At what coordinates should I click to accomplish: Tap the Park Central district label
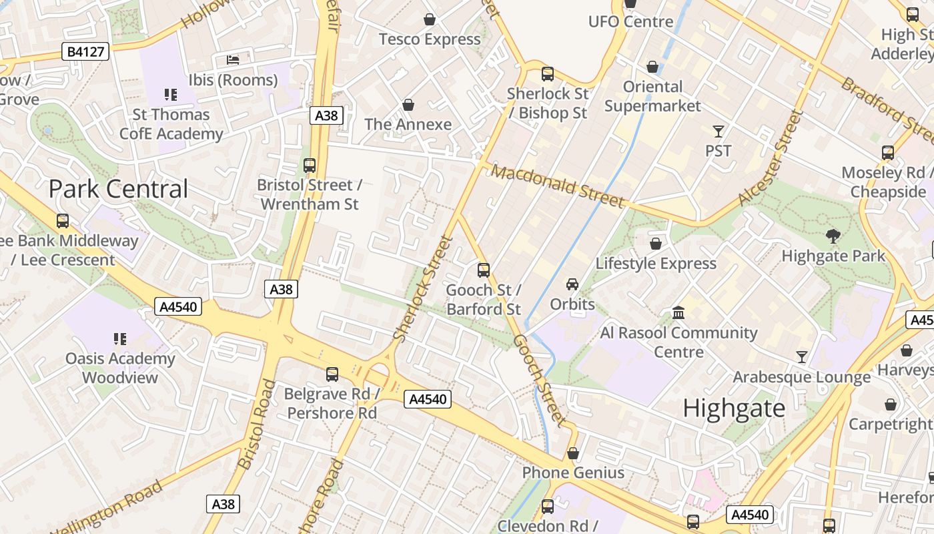[119, 189]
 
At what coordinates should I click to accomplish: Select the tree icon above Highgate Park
[833, 236]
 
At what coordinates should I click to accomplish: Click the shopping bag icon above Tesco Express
[430, 19]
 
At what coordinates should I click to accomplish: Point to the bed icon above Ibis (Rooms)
[233, 60]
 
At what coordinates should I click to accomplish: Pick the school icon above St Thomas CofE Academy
[171, 95]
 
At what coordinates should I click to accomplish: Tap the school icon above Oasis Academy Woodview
[120, 339]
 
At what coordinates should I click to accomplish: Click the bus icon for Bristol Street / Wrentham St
[309, 165]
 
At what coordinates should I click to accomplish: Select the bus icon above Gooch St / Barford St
[484, 270]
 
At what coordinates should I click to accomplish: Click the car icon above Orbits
[572, 284]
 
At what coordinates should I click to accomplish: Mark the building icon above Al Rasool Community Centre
[678, 312]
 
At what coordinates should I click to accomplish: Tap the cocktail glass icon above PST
[718, 131]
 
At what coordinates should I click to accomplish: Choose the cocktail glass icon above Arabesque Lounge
[801, 357]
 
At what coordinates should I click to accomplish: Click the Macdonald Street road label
[558, 186]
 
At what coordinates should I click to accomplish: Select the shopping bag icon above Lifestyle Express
[656, 244]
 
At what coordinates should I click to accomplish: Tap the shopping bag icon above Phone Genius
[572, 453]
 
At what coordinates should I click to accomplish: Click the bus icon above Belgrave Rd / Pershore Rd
[332, 374]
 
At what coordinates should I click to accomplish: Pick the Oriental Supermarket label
[652, 96]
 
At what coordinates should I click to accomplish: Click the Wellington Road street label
[107, 507]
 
